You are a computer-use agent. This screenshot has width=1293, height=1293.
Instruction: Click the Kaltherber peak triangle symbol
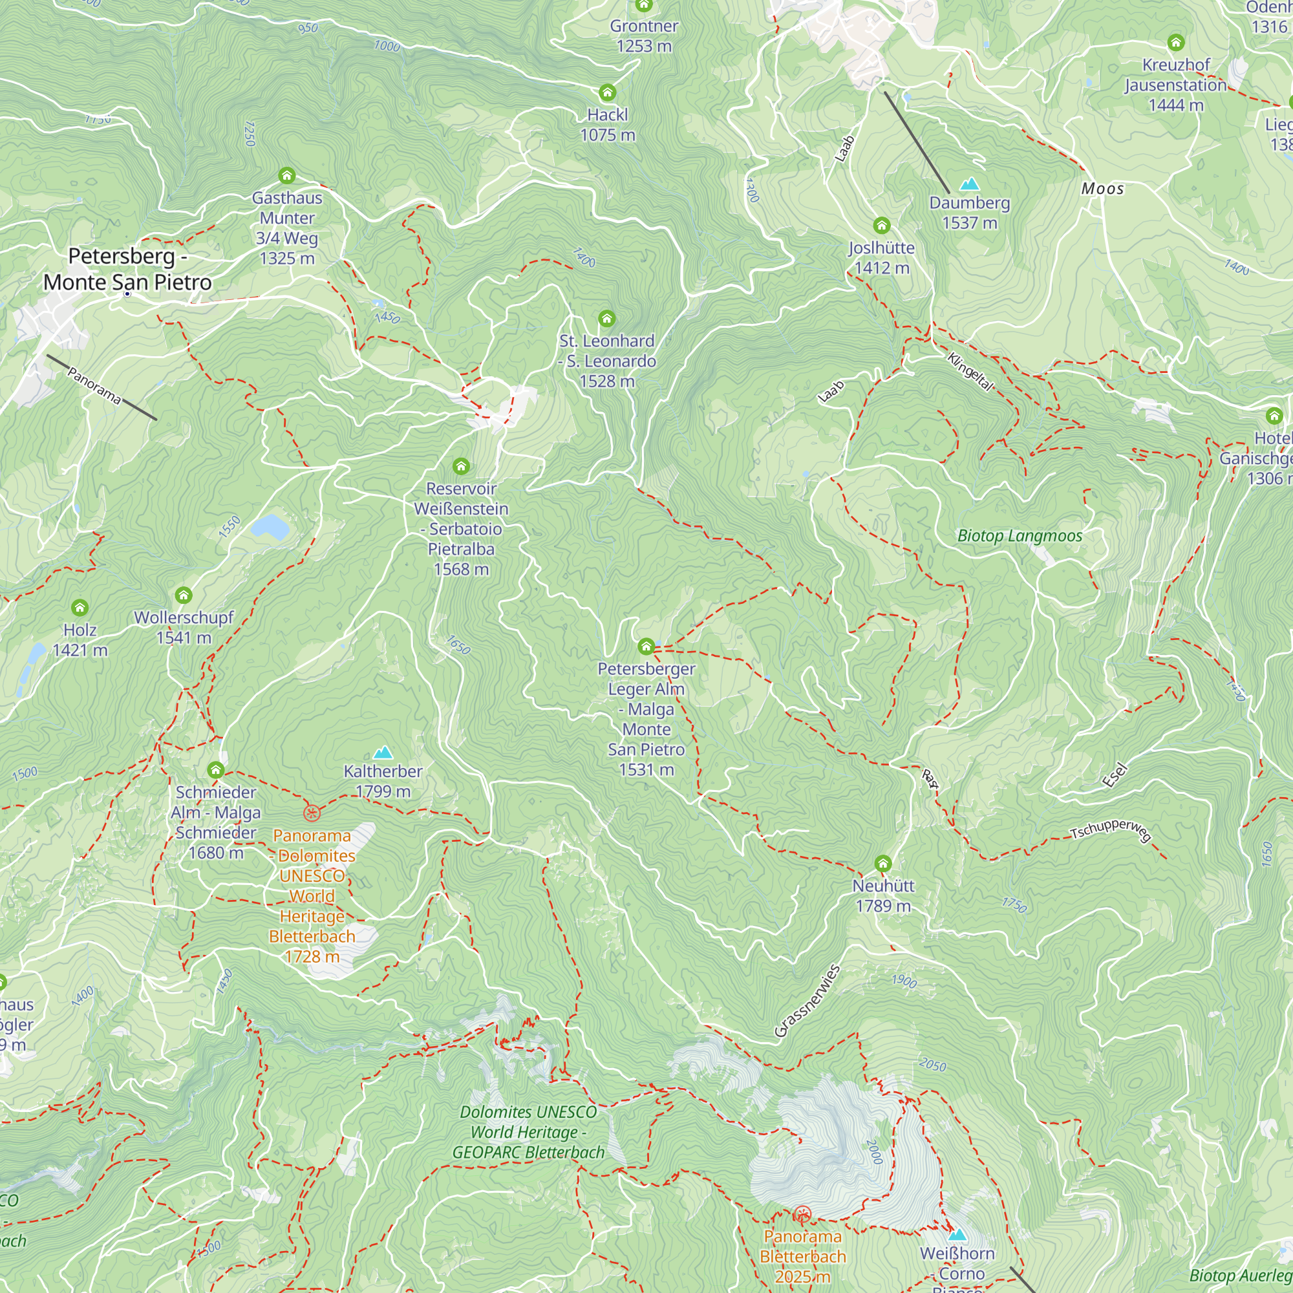pos(383,753)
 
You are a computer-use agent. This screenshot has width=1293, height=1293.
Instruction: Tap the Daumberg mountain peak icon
pos(970,184)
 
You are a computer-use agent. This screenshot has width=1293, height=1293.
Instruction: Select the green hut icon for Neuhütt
pos(882,863)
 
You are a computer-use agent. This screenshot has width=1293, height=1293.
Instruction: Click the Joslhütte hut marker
pos(881,225)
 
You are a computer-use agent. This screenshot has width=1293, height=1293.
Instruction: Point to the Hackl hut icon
pos(607,92)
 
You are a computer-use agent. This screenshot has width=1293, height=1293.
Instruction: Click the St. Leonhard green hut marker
pos(606,318)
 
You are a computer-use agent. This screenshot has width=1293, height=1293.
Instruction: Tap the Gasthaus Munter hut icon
pos(287,175)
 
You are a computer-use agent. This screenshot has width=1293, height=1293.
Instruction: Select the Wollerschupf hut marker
pos(184,595)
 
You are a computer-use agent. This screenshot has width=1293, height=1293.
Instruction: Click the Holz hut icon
pos(80,607)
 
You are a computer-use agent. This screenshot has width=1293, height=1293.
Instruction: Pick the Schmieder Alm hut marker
pos(215,769)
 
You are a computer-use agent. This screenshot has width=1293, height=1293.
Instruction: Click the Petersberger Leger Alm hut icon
pos(646,646)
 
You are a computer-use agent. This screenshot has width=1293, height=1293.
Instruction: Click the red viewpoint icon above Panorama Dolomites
pos(312,813)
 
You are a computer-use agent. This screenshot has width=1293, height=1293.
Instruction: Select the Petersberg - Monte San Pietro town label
pos(127,269)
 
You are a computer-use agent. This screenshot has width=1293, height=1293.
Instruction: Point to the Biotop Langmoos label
pos(1020,535)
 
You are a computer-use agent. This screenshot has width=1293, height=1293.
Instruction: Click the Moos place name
pos(1102,189)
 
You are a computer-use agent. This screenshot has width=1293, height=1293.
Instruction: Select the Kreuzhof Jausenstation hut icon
pos(1176,43)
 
